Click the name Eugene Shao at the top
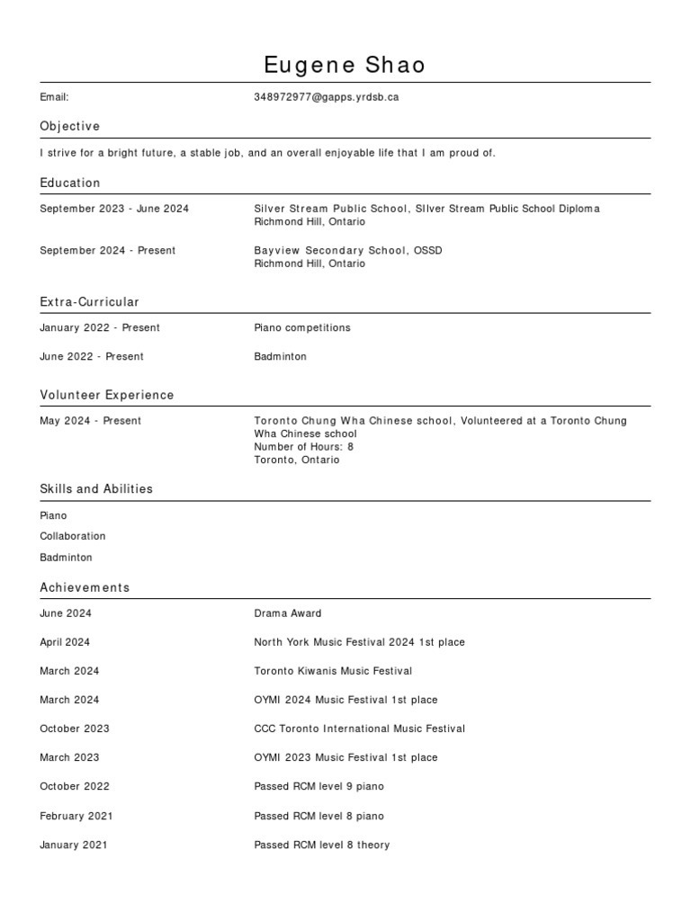tap(345, 65)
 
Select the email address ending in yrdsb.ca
tap(326, 97)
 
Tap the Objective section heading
tap(70, 126)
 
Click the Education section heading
tap(70, 183)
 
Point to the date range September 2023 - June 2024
tap(114, 209)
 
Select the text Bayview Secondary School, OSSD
tap(348, 251)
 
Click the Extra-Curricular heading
tap(89, 302)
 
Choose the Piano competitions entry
tap(302, 328)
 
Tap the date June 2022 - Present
tap(92, 357)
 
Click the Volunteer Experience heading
tap(107, 395)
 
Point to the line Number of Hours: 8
tap(304, 447)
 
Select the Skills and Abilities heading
tap(96, 489)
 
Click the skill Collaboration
tap(73, 536)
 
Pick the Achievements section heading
tap(85, 587)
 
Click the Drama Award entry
tap(288, 613)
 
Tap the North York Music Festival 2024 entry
tap(359, 642)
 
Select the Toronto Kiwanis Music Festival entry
tap(333, 671)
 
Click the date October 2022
tap(75, 786)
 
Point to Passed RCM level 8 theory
tap(321, 845)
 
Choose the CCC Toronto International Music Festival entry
tap(359, 729)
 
